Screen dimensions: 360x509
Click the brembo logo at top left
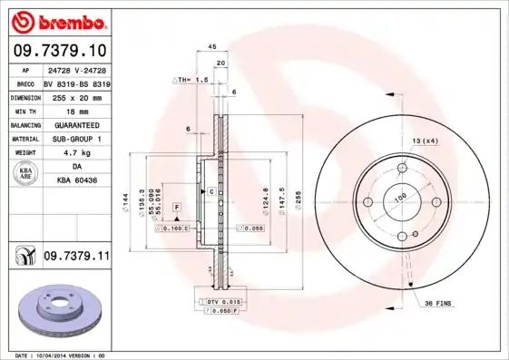[57, 21]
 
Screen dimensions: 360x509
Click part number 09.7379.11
[75, 258]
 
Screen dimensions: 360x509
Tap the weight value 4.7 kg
[75, 154]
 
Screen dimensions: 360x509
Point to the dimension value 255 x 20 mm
[75, 95]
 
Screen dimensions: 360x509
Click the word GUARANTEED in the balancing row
[75, 124]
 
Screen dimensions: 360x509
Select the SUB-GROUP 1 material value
[75, 140]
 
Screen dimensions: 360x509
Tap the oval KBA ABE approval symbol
[25, 175]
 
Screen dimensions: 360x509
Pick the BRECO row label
[24, 82]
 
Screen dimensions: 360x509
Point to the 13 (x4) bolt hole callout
[426, 140]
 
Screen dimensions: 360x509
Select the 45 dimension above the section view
[211, 46]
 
